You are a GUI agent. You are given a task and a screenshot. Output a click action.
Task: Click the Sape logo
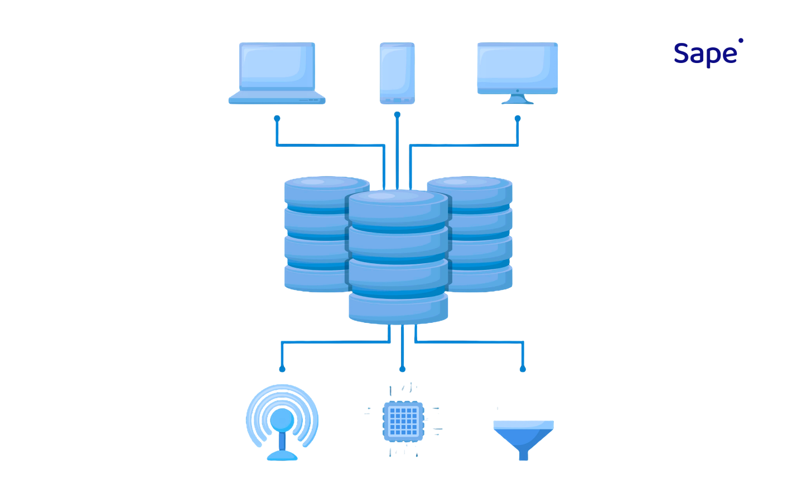[x=706, y=54]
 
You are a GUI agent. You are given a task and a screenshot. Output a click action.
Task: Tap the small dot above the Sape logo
[x=741, y=40]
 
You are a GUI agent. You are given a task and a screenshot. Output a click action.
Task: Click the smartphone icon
[x=397, y=72]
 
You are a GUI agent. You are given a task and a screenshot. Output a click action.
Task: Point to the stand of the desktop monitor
[x=518, y=99]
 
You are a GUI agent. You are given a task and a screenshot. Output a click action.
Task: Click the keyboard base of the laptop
[x=277, y=99]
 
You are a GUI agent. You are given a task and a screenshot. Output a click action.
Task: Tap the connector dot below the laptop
[x=277, y=118]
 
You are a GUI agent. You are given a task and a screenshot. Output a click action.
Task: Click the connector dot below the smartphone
[x=397, y=115]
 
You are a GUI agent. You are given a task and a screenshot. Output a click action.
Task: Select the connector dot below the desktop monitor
[x=518, y=118]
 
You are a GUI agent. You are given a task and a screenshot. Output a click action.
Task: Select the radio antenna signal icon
[x=282, y=422]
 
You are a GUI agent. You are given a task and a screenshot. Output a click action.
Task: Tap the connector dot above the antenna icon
[x=282, y=369]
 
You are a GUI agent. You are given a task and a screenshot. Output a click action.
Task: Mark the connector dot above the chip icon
[x=402, y=369]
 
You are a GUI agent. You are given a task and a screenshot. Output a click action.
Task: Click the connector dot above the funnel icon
[x=523, y=369]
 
